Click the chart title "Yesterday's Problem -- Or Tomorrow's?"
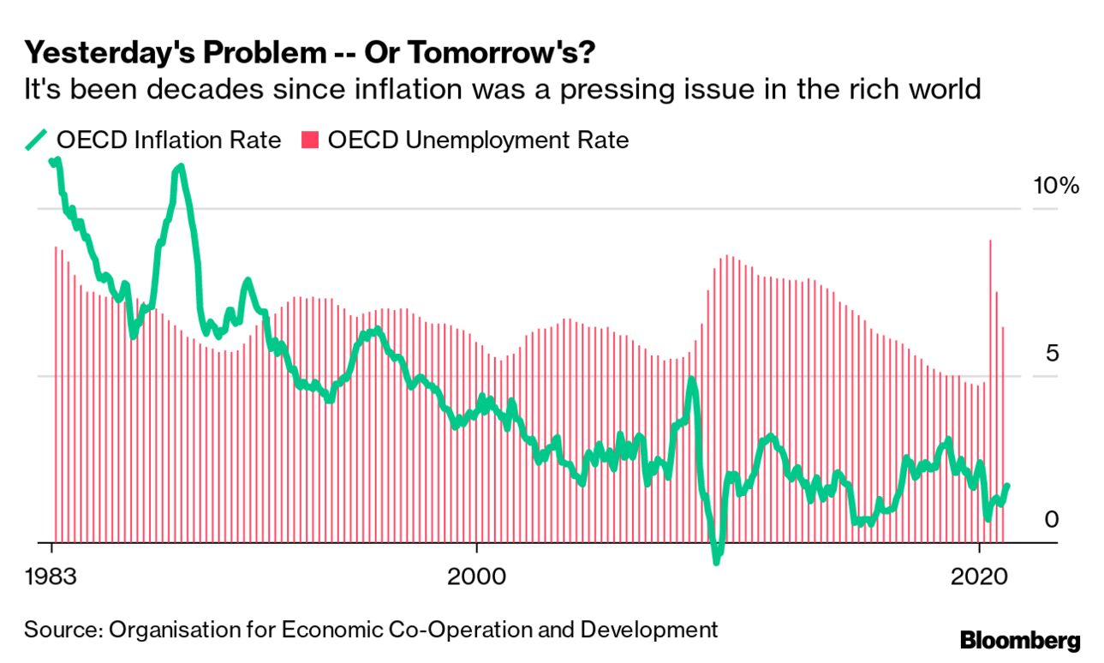(x=309, y=54)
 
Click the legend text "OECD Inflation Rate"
(x=169, y=140)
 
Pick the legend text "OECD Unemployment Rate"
(x=478, y=140)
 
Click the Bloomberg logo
(x=1020, y=641)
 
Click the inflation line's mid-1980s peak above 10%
(x=178, y=168)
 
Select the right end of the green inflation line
(x=1007, y=486)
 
